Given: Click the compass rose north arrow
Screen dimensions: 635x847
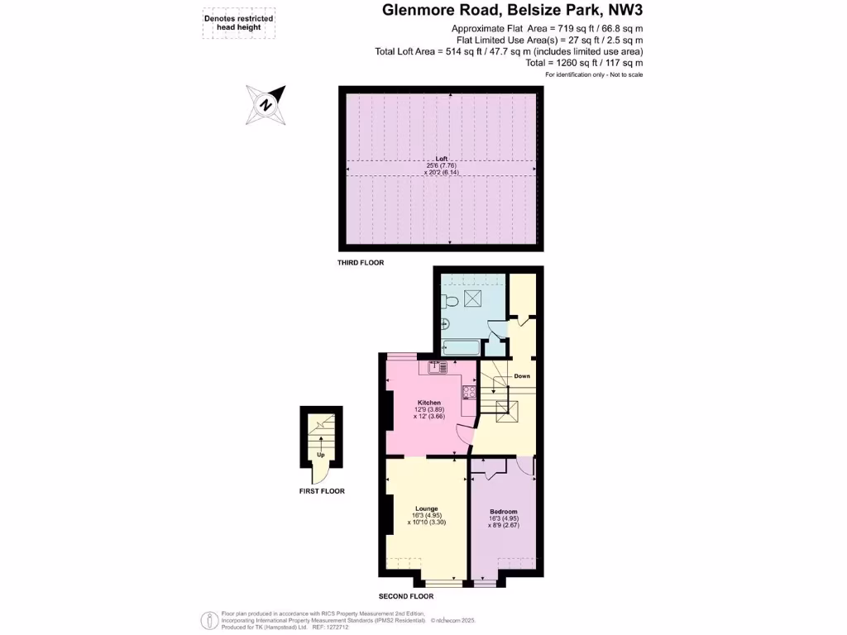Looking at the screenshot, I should point(266,105).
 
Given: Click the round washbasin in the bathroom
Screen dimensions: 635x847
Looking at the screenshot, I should point(445,324).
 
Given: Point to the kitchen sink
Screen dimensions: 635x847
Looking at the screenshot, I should point(438,367).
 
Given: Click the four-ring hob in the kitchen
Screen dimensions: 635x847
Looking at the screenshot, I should point(468,394).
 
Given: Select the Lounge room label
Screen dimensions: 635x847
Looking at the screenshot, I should point(427,508).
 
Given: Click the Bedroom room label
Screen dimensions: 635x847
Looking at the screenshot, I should point(503,512).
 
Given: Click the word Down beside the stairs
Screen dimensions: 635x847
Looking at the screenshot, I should point(522,376).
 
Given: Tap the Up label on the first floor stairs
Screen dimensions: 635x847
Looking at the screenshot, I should point(320,455).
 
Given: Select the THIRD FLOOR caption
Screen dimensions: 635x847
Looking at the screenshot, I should point(361,263).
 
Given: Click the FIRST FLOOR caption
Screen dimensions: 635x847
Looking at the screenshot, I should point(322,491).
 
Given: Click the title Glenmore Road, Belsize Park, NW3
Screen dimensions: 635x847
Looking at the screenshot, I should point(511,11).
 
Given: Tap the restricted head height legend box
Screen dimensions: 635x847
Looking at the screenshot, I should point(239,22).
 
